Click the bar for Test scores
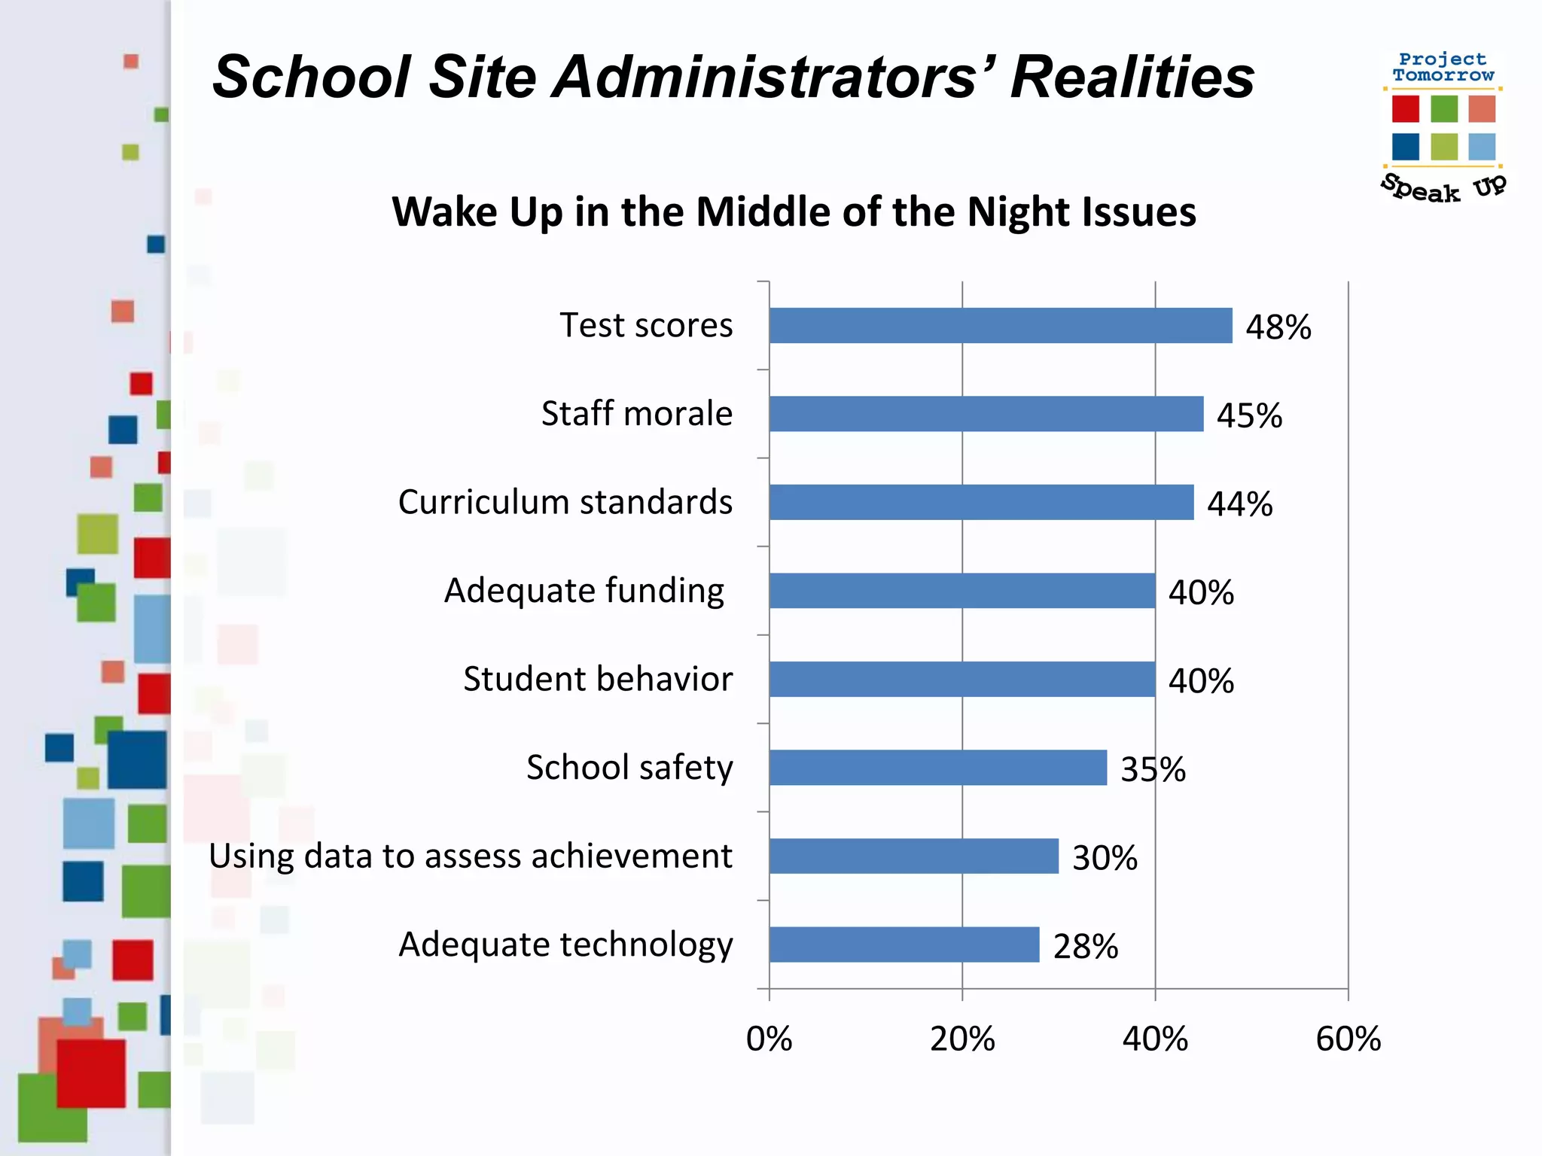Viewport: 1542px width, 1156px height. [1000, 326]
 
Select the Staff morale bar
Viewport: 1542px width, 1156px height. [986, 414]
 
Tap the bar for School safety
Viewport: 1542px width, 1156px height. [938, 768]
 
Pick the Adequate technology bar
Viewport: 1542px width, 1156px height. [904, 945]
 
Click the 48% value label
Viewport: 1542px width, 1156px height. [1278, 327]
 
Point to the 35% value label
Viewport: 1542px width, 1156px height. [1153, 769]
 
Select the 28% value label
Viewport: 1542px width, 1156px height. [1085, 947]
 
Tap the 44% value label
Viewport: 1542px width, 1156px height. [1239, 504]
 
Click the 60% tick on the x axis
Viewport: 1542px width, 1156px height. [1348, 1039]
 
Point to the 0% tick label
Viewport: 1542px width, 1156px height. [769, 1039]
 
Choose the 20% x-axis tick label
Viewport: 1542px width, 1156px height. [962, 1039]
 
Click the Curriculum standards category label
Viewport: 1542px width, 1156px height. [565, 502]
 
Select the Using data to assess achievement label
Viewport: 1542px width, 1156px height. [471, 856]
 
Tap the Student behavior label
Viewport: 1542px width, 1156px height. [598, 679]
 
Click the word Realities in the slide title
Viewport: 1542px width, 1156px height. [1132, 77]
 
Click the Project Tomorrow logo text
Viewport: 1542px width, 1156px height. [1443, 67]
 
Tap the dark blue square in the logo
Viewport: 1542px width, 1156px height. [1405, 146]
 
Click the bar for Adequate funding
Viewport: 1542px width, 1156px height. [962, 591]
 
